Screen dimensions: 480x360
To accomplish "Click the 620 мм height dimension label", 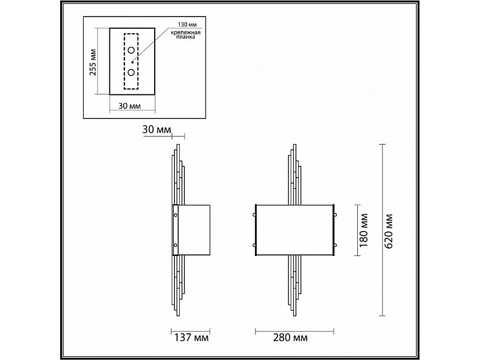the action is (x=388, y=231).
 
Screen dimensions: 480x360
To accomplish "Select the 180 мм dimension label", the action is (x=364, y=230).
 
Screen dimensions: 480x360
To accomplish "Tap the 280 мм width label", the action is (x=290, y=338).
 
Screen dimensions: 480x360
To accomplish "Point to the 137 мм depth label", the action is (x=191, y=338).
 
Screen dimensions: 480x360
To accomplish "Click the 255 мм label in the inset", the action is (x=93, y=62).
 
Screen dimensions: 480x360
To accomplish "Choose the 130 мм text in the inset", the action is (x=187, y=25).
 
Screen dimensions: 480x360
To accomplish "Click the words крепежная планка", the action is (x=186, y=35).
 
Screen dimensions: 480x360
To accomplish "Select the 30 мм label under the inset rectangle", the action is (x=130, y=106).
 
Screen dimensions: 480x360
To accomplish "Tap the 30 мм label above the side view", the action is (x=156, y=130).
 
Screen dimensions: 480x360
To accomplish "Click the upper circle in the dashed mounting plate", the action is (x=131, y=50).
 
